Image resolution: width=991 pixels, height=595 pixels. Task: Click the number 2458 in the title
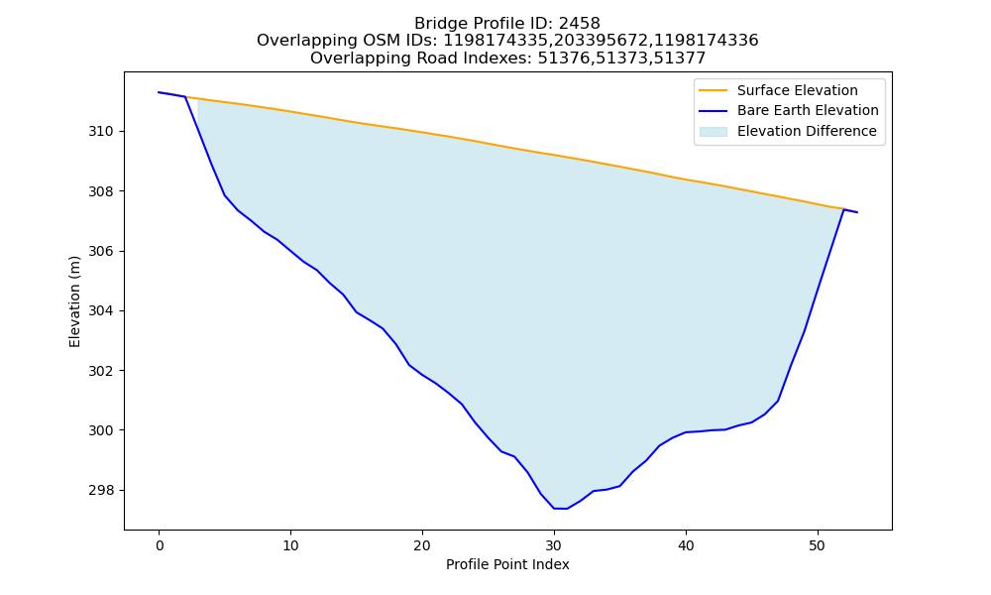[579, 24]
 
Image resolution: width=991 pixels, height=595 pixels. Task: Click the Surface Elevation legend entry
[778, 90]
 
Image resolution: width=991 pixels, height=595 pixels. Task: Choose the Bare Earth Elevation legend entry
[788, 111]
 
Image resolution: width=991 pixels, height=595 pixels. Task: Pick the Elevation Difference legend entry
[788, 131]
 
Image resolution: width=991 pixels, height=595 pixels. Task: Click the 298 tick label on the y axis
[101, 490]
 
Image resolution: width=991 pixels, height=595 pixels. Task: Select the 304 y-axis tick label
[101, 311]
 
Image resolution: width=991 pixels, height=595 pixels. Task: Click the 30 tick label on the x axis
[554, 545]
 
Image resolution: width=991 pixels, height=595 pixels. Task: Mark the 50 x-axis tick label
[818, 545]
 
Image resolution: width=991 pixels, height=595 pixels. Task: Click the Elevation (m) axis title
[74, 301]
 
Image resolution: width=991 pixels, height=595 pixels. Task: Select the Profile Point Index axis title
[507, 564]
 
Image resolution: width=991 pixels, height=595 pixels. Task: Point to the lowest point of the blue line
[561, 509]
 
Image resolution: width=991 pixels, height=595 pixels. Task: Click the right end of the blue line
[857, 212]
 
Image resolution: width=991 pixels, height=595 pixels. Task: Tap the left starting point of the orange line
[159, 92]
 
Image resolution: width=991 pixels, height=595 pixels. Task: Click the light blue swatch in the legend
[713, 132]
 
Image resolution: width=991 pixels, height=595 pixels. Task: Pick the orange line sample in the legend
[713, 90]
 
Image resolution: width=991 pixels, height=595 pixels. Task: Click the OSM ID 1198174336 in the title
[706, 41]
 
